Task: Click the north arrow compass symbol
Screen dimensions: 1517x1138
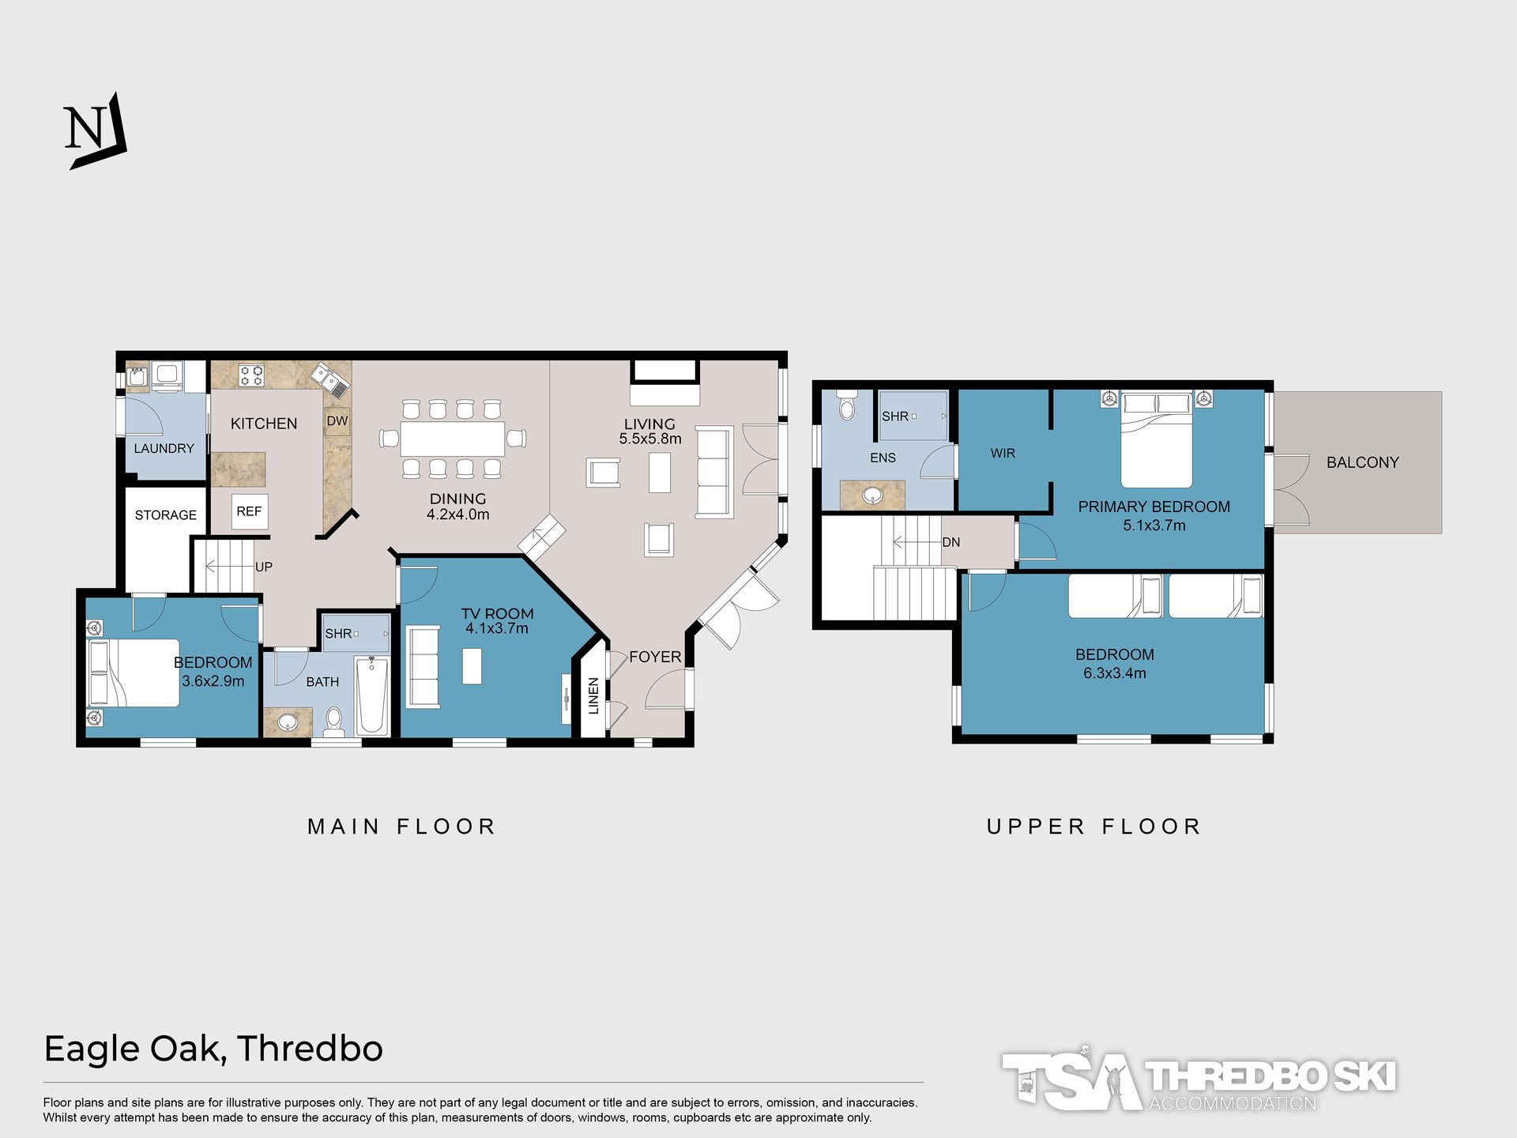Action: coord(96,131)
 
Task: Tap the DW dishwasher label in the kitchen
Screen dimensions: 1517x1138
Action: coord(337,420)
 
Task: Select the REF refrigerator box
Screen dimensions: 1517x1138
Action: coord(250,511)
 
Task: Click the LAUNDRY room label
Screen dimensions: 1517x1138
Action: coord(164,448)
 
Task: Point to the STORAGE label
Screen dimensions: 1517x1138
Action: coord(166,515)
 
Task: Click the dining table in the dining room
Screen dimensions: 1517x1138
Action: coord(453,439)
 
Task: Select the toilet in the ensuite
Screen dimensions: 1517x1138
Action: coord(847,404)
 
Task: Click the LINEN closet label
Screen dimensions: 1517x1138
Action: coord(594,695)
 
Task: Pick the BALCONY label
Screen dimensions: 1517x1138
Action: coord(1363,462)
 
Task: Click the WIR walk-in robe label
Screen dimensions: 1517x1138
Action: coord(1003,454)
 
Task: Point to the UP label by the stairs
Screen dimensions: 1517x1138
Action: coord(264,567)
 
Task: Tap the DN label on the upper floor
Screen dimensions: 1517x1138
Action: coord(951,542)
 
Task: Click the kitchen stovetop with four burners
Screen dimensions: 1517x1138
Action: coord(252,375)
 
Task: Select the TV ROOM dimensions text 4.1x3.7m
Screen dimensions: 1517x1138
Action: coord(497,628)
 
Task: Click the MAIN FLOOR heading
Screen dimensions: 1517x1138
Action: coord(401,827)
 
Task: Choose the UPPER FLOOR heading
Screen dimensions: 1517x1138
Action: coord(1094,827)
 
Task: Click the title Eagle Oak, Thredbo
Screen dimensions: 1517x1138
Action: coord(213,1049)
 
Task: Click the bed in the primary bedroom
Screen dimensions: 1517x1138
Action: coord(1157,440)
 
